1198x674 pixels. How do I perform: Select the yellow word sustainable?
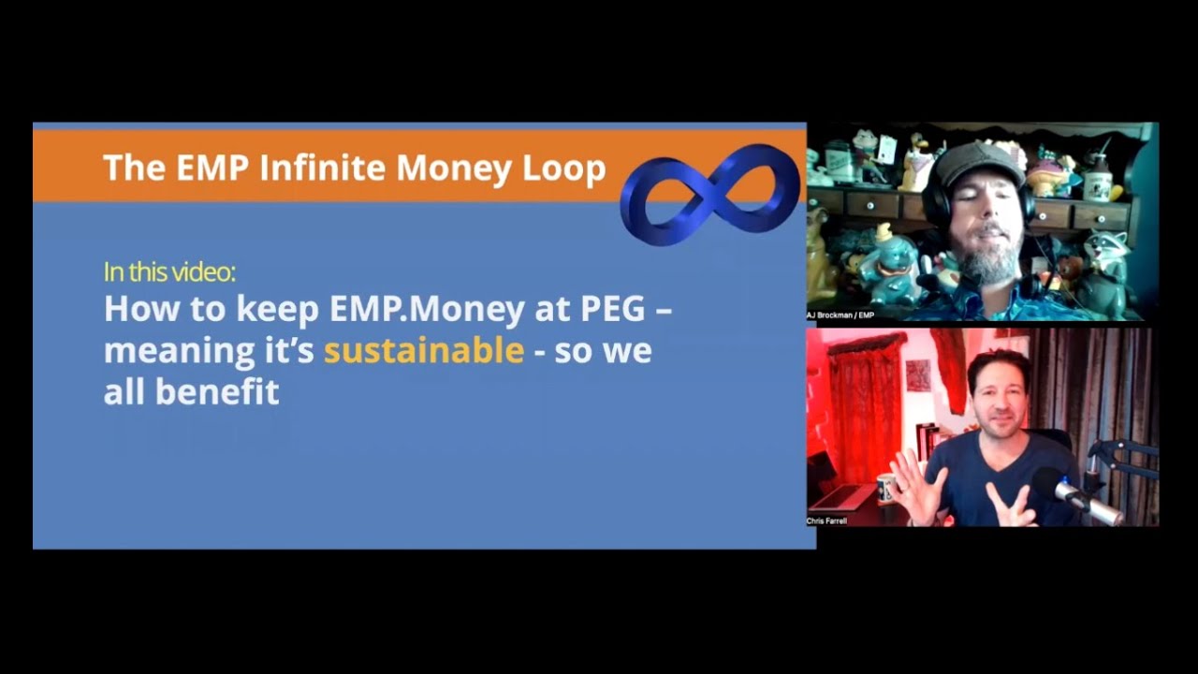pyautogui.click(x=423, y=350)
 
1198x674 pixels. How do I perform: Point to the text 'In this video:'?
pyautogui.click(x=169, y=272)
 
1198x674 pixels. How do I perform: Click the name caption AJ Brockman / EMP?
pyautogui.click(x=840, y=315)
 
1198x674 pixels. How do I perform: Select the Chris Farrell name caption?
pyautogui.click(x=827, y=520)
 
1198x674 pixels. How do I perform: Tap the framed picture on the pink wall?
pyautogui.click(x=918, y=374)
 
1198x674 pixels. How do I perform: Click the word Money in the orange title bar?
pyautogui.click(x=454, y=168)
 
